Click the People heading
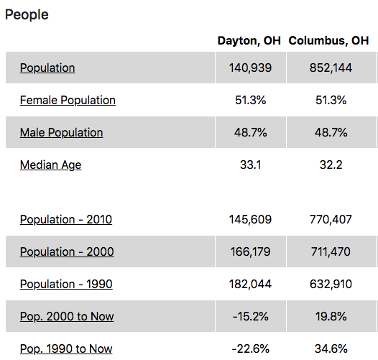pyautogui.click(x=27, y=15)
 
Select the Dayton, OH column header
pyautogui.click(x=249, y=40)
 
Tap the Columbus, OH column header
pyautogui.click(x=328, y=40)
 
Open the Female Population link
pyautogui.click(x=68, y=101)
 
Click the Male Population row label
pyautogui.click(x=62, y=133)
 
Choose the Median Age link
pyautogui.click(x=50, y=165)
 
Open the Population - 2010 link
pyautogui.click(x=66, y=219)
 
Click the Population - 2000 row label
pyautogui.click(x=67, y=251)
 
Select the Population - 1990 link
pyautogui.click(x=66, y=284)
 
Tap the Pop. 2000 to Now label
pyautogui.click(x=67, y=317)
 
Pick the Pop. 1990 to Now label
pyautogui.click(x=66, y=349)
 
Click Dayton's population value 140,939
pyautogui.click(x=250, y=68)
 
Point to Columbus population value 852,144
pyautogui.click(x=331, y=68)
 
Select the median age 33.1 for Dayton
pyautogui.click(x=251, y=165)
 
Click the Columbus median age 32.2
pyautogui.click(x=331, y=165)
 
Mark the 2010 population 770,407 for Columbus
pyautogui.click(x=331, y=219)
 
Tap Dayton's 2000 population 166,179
pyautogui.click(x=250, y=251)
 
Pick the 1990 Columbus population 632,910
pyautogui.click(x=331, y=284)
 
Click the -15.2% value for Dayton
pyautogui.click(x=251, y=316)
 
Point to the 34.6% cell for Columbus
pyautogui.click(x=331, y=349)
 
